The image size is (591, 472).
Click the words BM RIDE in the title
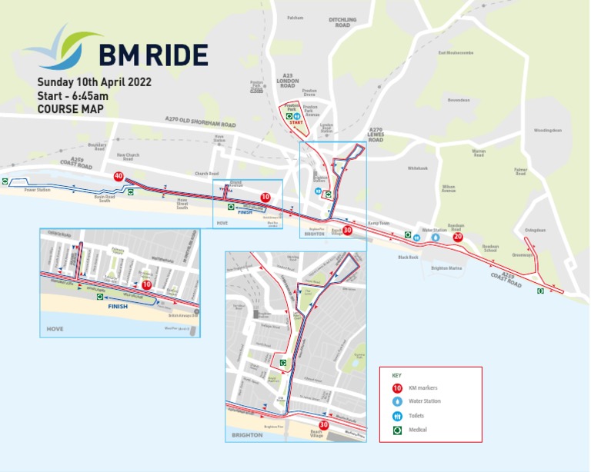[153, 55]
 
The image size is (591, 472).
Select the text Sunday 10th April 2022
[95, 81]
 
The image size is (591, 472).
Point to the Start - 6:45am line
[72, 95]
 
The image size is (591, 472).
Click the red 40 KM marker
[119, 177]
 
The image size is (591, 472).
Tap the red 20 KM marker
[458, 237]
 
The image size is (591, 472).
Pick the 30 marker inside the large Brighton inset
[324, 424]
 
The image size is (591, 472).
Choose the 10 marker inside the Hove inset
[146, 284]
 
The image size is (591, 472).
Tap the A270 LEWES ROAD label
[376, 135]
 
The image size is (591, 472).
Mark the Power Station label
[36, 190]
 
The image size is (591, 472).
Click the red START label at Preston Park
[296, 122]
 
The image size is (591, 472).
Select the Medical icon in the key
[397, 430]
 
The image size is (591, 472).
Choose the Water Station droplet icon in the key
[397, 401]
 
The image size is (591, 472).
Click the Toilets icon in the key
[397, 416]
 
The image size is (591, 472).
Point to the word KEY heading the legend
[397, 375]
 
